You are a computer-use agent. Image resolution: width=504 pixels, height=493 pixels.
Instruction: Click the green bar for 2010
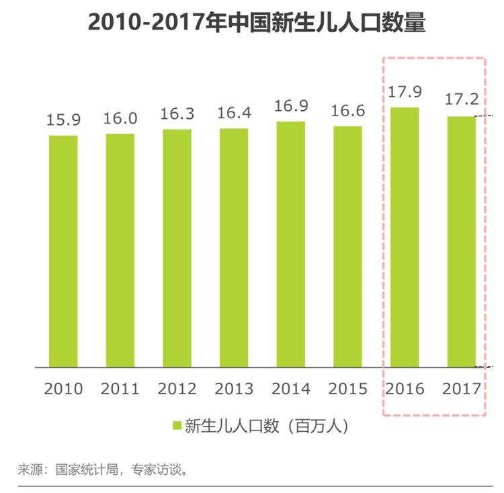[63, 252]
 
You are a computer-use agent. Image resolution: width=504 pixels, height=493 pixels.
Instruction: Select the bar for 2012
[177, 249]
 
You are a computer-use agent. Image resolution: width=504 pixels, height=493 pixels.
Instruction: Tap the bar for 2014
[290, 244]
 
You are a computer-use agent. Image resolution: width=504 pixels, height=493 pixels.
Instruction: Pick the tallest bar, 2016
[405, 238]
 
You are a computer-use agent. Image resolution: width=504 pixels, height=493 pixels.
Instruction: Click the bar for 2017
[461, 242]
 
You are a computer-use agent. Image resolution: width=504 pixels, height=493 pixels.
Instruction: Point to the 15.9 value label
[63, 120]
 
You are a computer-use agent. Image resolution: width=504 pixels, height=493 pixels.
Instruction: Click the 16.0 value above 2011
[120, 119]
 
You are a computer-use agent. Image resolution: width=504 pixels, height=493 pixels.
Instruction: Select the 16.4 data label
[234, 113]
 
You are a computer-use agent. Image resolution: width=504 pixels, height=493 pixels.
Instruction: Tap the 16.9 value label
[291, 106]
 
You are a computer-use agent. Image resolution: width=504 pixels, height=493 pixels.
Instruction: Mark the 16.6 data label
[347, 111]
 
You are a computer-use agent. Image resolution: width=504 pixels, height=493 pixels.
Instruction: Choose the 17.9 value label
[405, 92]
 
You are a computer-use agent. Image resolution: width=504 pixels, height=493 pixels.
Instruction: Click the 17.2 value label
[462, 101]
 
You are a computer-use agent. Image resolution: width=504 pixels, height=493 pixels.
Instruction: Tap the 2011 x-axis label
[120, 389]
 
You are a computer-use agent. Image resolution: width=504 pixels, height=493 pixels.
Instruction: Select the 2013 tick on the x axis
[234, 389]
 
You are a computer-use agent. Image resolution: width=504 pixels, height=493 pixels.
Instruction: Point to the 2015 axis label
[347, 389]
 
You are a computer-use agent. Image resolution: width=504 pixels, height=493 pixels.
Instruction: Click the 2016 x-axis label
[405, 389]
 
